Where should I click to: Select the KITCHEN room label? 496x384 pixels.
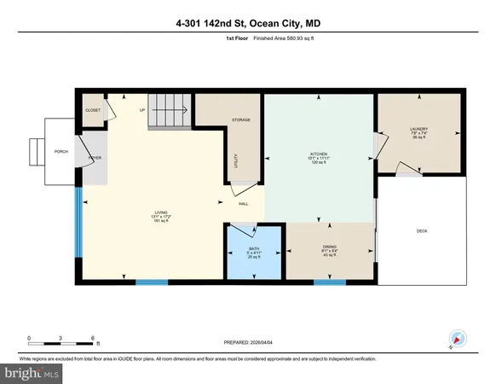point(318,155)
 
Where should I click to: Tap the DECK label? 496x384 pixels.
point(421,230)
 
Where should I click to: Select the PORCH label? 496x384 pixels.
point(61,152)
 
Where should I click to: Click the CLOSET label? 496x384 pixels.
point(92,111)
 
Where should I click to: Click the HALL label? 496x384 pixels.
point(243,204)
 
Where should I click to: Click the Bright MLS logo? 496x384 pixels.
point(32,372)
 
